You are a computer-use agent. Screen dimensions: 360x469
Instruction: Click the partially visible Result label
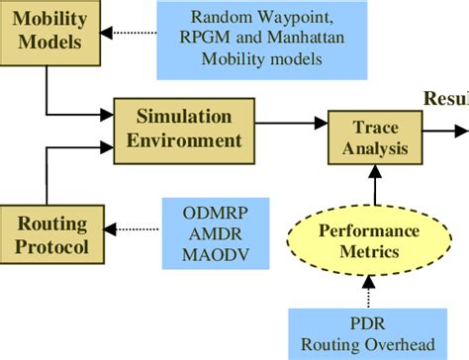tap(446, 99)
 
